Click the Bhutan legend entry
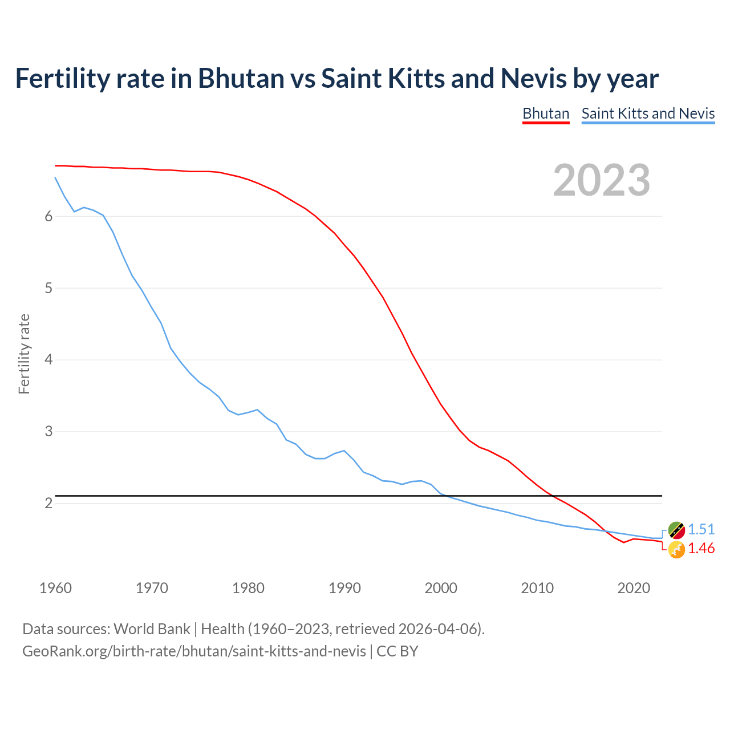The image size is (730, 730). coord(546,113)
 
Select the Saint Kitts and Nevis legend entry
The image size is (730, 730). coord(648,113)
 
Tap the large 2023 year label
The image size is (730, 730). coord(601,180)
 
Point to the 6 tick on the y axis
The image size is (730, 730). coord(48,216)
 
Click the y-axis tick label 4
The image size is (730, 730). coord(48,360)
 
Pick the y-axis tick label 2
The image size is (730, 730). coord(48,503)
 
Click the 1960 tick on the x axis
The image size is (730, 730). coord(55,588)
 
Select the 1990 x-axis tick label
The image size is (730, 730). coord(344,588)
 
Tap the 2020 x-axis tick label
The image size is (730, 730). coord(634,588)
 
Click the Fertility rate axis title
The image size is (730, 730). coord(24,354)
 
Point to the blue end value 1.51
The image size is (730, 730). coord(701,529)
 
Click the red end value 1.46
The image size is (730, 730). coord(701,548)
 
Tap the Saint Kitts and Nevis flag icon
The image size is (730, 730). coord(676,530)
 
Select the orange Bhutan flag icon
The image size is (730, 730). coord(676,550)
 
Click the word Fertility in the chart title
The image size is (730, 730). coord(61,78)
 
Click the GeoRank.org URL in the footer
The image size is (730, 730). coord(194,651)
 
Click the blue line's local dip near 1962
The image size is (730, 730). coord(74,212)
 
